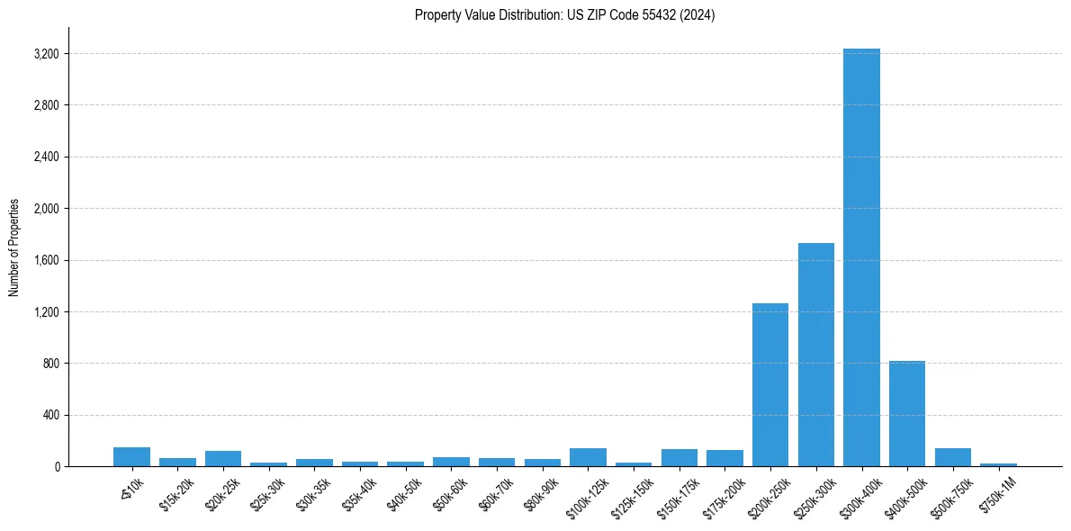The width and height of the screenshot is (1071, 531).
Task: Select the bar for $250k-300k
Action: [x=815, y=355]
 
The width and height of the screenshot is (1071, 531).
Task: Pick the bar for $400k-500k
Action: [x=906, y=414]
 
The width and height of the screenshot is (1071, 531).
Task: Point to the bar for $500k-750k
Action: [x=952, y=457]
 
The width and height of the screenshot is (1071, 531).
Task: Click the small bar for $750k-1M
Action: [x=998, y=464]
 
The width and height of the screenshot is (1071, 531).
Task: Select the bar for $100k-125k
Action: [x=588, y=457]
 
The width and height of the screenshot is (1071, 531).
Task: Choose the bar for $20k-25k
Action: [x=223, y=459]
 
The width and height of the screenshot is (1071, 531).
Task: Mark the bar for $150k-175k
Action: [x=679, y=458]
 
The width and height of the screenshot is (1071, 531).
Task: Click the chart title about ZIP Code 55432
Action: [x=564, y=15]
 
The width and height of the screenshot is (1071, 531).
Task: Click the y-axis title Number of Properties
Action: [x=14, y=247]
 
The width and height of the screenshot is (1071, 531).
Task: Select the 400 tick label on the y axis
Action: [x=50, y=415]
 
